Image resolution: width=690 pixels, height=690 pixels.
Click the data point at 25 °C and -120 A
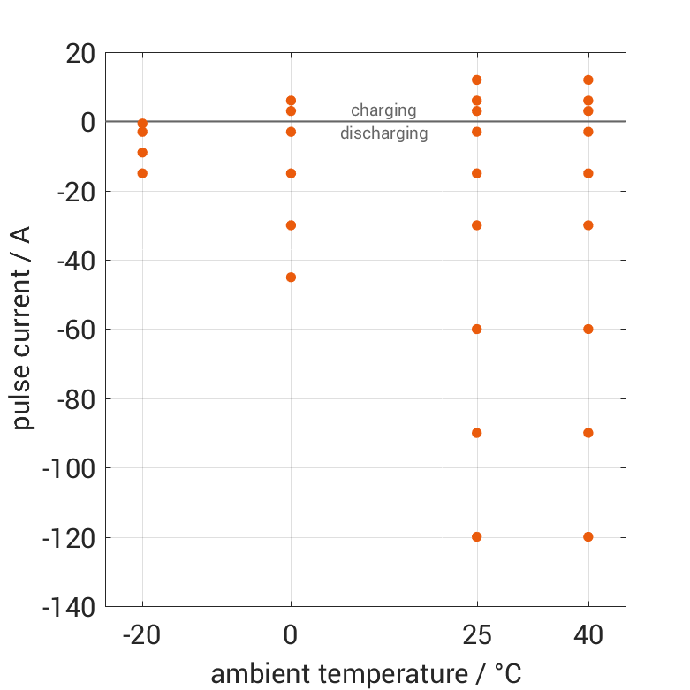tap(477, 536)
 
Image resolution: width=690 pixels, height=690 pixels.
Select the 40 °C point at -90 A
tap(588, 433)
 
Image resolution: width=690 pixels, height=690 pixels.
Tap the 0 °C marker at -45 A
tap(291, 277)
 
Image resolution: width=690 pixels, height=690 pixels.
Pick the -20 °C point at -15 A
tap(142, 173)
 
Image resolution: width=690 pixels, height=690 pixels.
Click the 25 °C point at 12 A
tap(477, 80)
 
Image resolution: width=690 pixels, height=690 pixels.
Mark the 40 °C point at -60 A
tap(588, 329)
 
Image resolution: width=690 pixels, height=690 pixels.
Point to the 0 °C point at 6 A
tap(291, 101)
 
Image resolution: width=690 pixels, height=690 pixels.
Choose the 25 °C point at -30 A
tap(477, 225)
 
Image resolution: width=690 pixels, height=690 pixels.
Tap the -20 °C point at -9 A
tap(142, 153)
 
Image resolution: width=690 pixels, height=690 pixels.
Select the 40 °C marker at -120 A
tap(588, 536)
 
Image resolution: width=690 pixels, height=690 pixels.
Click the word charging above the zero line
tap(383, 110)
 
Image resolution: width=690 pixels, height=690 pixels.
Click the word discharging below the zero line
tap(384, 134)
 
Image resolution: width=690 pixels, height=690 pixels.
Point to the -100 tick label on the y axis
tap(69, 468)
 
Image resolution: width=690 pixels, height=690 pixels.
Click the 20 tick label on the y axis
tap(80, 53)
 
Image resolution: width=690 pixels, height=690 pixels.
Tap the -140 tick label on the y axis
tap(69, 607)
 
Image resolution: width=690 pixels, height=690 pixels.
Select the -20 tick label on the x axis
tap(142, 636)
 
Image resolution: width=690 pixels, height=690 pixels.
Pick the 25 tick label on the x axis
tap(477, 636)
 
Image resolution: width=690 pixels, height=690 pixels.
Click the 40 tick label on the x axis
tap(588, 636)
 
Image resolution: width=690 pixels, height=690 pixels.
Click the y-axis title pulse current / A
tap(23, 329)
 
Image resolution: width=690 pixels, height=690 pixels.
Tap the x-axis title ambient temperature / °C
tap(366, 673)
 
